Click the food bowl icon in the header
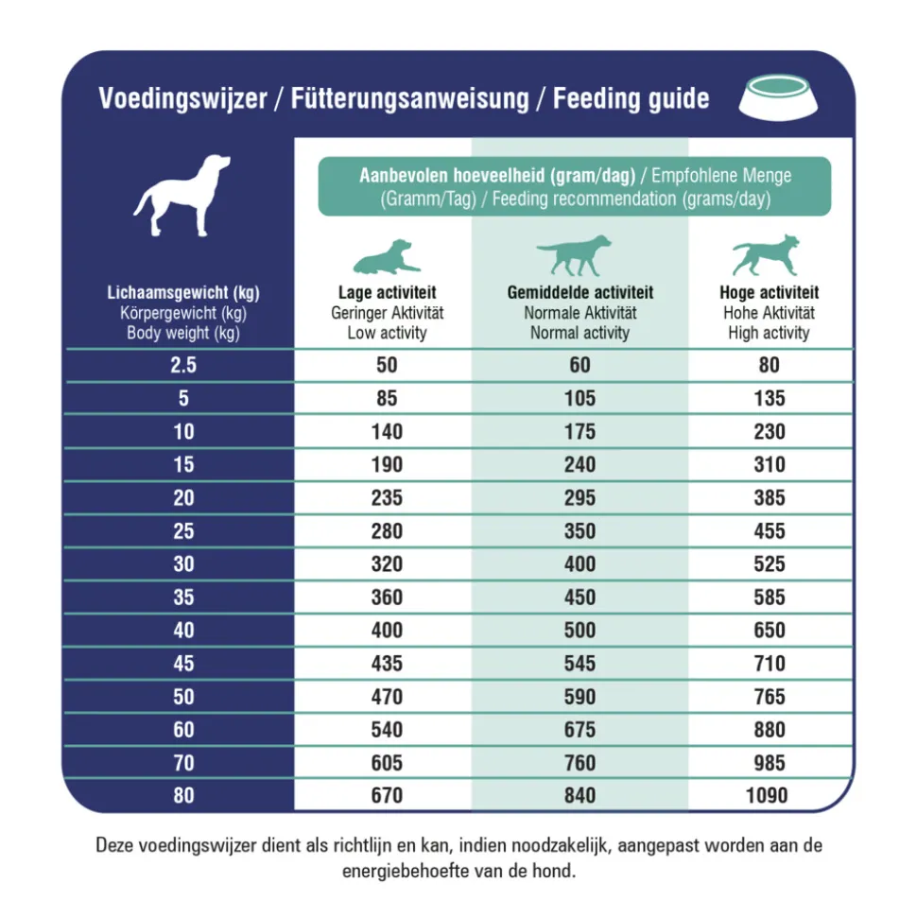pyautogui.click(x=777, y=97)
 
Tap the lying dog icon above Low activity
pyautogui.click(x=386, y=256)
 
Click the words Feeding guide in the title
pyautogui.click(x=631, y=98)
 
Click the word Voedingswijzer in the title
pyautogui.click(x=182, y=98)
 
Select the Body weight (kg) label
pyautogui.click(x=183, y=333)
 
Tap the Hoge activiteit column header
pyautogui.click(x=769, y=293)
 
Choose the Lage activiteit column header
pyautogui.click(x=387, y=293)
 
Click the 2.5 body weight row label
pyautogui.click(x=183, y=366)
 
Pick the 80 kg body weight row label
pyautogui.click(x=183, y=795)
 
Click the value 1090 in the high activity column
pyautogui.click(x=769, y=795)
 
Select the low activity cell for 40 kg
pyautogui.click(x=387, y=630)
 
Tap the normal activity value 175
pyautogui.click(x=580, y=432)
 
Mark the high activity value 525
pyautogui.click(x=769, y=564)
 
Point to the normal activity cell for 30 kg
pyautogui.click(x=580, y=564)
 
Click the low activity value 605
pyautogui.click(x=387, y=763)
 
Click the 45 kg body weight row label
pyautogui.click(x=183, y=664)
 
